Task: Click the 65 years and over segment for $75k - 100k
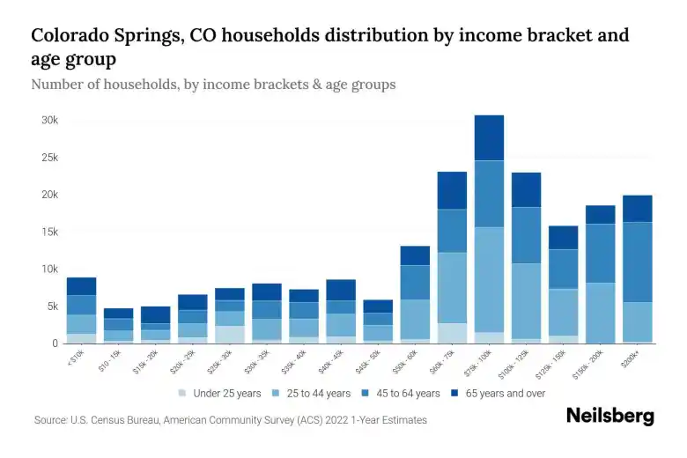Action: pos(489,137)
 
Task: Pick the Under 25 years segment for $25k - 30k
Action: pos(230,334)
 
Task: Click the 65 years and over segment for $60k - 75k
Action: pos(452,190)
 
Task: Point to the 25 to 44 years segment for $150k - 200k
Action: pos(600,313)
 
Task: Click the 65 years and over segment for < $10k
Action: pos(81,286)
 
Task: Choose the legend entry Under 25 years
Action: pos(219,394)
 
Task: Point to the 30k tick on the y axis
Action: pos(49,120)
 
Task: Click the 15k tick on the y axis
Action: pos(49,232)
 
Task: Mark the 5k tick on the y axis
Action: pos(51,307)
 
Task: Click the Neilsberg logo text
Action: pos(609,416)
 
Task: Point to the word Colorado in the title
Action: pos(75,36)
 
